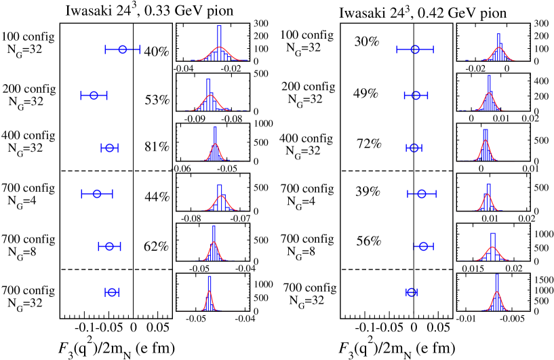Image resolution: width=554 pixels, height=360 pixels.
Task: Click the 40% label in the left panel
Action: pyautogui.click(x=157, y=52)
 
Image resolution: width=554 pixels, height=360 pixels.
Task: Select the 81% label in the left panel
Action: pyautogui.click(x=157, y=147)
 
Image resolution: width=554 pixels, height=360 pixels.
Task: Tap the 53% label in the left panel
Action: pyautogui.click(x=157, y=100)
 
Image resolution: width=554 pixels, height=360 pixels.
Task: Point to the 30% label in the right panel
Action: pyautogui.click(x=366, y=41)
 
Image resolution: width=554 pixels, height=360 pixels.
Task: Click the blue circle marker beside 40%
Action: pyautogui.click(x=123, y=49)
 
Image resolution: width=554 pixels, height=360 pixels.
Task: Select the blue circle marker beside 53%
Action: pyautogui.click(x=94, y=96)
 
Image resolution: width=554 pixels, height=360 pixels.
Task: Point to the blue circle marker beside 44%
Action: pyautogui.click(x=97, y=194)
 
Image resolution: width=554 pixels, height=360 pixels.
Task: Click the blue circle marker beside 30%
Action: pyautogui.click(x=415, y=49)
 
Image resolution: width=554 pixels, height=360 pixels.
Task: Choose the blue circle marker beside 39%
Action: pyautogui.click(x=422, y=194)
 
